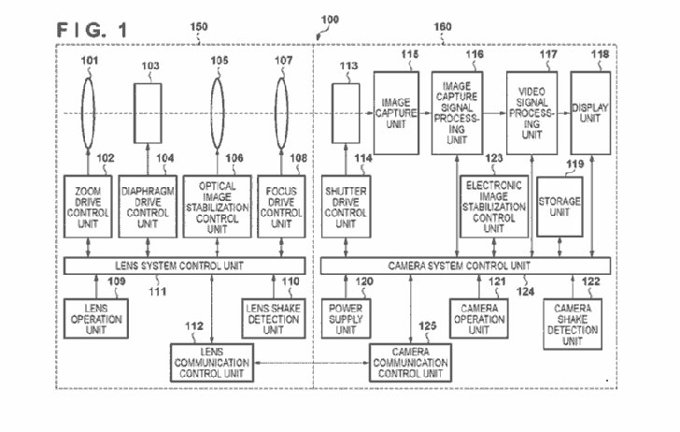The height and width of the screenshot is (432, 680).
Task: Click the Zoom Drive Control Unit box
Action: coord(88,207)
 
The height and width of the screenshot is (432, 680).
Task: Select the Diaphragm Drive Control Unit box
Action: coord(148,207)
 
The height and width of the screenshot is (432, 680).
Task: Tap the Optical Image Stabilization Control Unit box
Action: coord(217,207)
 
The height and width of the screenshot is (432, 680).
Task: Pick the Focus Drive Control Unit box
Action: coord(281,207)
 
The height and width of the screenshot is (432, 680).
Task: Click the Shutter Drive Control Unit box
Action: coord(346,207)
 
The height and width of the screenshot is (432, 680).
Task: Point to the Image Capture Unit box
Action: coord(396,113)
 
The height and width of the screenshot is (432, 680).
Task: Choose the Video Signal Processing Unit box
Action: coord(531,113)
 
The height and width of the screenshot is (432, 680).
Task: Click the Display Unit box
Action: coord(590,113)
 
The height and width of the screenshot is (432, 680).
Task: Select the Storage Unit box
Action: coord(560,207)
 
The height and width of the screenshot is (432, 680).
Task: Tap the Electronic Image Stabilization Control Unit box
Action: coord(493,207)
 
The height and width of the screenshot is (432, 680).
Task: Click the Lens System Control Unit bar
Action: coord(184,266)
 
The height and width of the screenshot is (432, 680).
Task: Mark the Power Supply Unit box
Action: coord(346,319)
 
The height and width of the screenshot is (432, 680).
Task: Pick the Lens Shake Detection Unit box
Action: coord(273,319)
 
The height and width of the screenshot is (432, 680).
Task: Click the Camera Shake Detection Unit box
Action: coord(573,324)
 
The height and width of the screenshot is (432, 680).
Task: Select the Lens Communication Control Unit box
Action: coord(212,363)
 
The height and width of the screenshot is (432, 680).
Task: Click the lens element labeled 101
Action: coord(88,113)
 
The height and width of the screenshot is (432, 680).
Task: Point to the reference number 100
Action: coord(330,20)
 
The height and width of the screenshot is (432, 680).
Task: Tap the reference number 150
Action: coord(199,26)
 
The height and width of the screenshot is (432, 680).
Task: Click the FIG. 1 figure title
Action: coord(92,30)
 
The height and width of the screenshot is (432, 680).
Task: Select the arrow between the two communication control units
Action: coord(311,363)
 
